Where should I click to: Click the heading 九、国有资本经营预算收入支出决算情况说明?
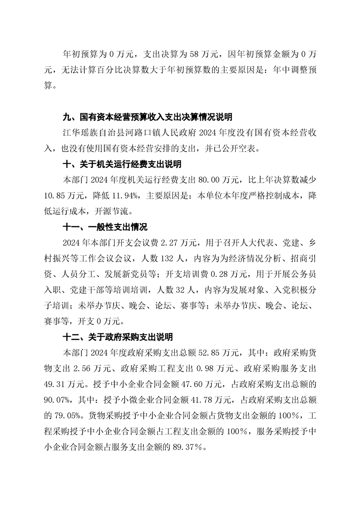point(147,117)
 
